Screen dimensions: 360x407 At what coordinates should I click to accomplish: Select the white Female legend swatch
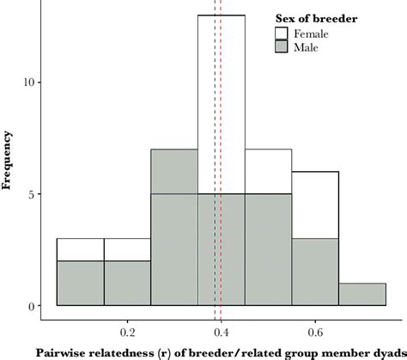coord(282,34)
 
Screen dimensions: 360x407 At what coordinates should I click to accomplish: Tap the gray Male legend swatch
coord(282,47)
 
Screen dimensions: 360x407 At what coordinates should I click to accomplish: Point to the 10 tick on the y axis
coord(28,82)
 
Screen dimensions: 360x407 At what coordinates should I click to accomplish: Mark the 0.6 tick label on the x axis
coord(315,330)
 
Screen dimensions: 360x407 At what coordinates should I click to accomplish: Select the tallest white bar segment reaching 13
coord(222,103)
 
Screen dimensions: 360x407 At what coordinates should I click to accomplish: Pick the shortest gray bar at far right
coord(362,294)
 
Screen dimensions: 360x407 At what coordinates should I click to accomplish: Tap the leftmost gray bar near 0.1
coord(80,284)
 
